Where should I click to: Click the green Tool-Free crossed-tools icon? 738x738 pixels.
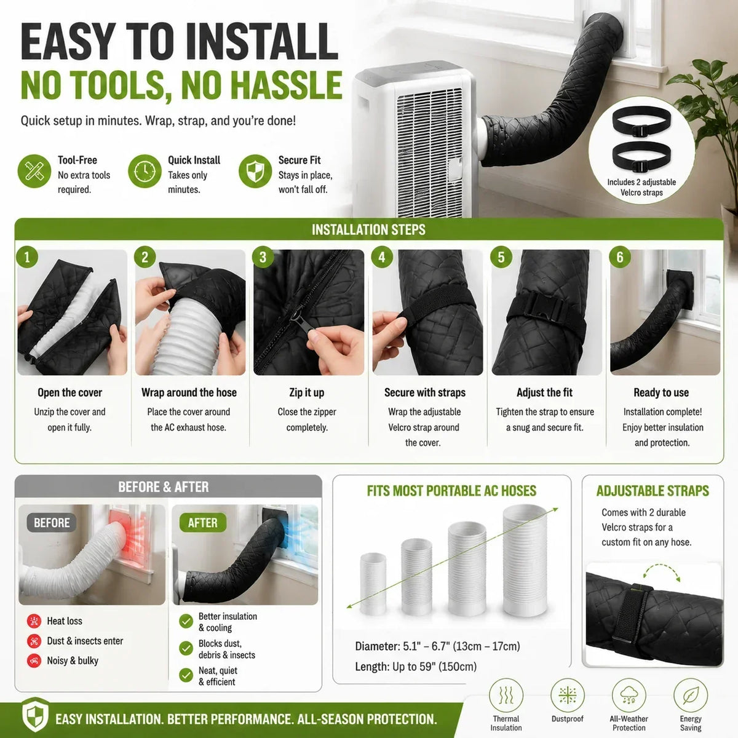click(x=34, y=171)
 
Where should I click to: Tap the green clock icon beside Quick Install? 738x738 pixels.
click(x=145, y=171)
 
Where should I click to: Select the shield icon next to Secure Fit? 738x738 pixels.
click(x=255, y=171)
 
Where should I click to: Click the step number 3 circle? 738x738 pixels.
click(x=263, y=257)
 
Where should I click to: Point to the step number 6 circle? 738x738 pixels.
click(x=620, y=257)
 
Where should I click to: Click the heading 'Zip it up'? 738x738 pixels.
click(x=307, y=392)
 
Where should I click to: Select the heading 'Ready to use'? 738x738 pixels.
click(x=661, y=392)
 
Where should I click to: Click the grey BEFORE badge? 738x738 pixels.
click(x=52, y=523)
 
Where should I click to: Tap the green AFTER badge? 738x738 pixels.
click(x=202, y=523)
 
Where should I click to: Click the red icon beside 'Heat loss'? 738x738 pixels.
click(x=34, y=621)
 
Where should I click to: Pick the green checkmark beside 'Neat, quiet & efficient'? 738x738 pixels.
click(x=186, y=675)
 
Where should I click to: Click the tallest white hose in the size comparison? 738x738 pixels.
click(x=525, y=560)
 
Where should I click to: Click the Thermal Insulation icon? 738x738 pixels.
click(x=506, y=695)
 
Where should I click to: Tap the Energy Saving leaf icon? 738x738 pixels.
click(x=691, y=695)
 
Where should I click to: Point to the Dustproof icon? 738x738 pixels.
click(x=567, y=695)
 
